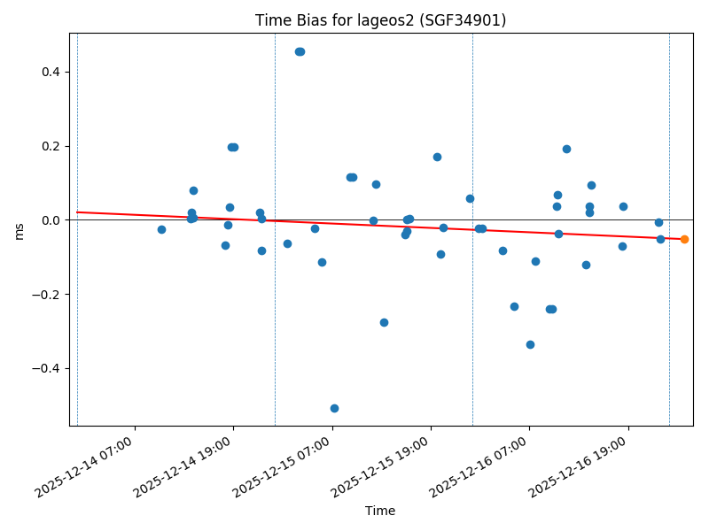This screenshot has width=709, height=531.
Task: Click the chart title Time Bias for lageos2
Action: click(x=380, y=20)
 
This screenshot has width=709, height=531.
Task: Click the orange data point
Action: click(x=684, y=239)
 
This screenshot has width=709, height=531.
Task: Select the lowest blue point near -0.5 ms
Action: click(x=334, y=408)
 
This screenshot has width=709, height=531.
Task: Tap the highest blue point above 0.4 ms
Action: click(x=300, y=51)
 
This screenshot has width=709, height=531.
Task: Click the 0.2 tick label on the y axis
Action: click(x=51, y=146)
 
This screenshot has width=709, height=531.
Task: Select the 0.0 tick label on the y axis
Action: click(x=51, y=220)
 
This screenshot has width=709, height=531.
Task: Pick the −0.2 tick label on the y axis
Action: click(x=48, y=295)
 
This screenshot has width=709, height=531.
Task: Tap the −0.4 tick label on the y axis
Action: click(x=48, y=368)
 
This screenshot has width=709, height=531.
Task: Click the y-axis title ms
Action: click(x=19, y=230)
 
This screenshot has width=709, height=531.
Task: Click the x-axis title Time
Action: click(x=380, y=511)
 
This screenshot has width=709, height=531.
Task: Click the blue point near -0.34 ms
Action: click(x=530, y=344)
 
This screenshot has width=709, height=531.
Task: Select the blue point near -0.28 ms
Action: click(x=384, y=322)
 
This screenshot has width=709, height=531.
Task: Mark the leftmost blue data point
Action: click(x=161, y=229)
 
